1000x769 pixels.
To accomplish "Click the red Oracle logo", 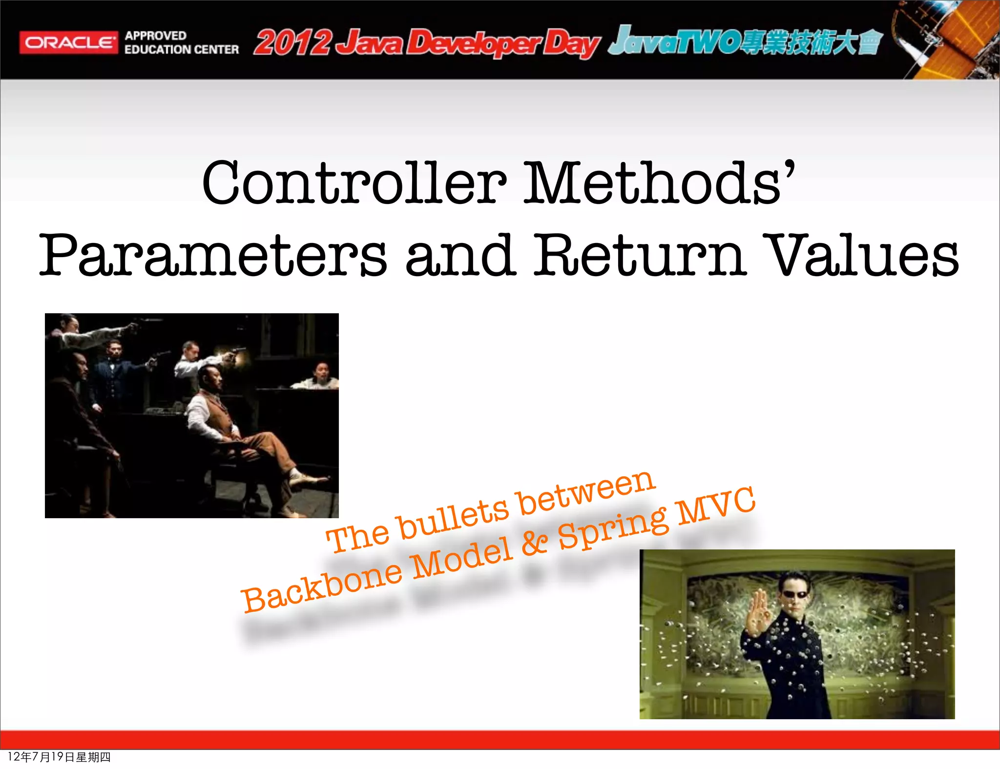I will pos(68,43).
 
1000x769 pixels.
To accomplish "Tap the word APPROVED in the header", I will pos(155,36).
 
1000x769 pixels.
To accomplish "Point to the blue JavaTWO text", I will pos(674,41).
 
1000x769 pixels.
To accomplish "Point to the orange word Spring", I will pos(613,527).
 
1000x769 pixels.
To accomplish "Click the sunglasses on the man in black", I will pos(796,594).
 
